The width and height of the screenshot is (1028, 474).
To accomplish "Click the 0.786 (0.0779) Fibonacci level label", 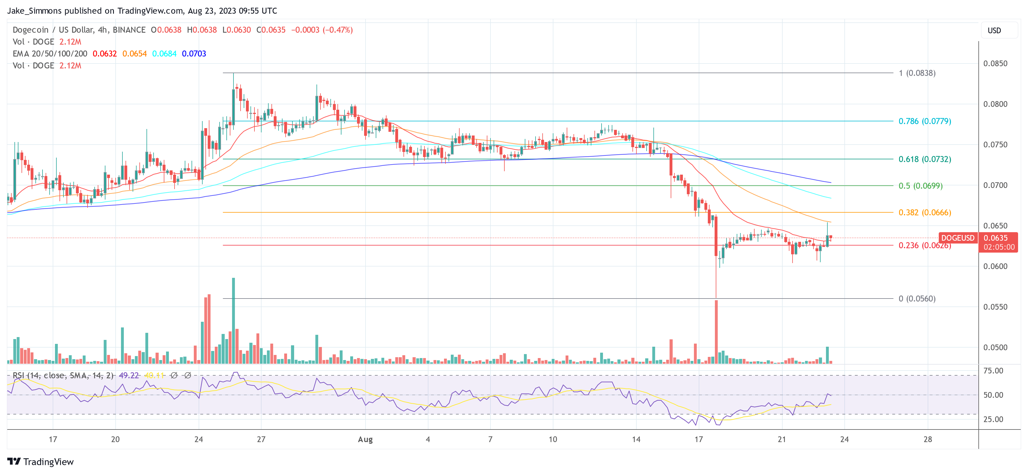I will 924,121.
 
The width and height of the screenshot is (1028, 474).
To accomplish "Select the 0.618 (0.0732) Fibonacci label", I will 924,159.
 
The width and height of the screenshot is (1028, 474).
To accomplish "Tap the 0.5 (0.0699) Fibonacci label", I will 920,186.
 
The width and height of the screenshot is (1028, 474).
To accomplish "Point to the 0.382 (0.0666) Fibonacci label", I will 924,212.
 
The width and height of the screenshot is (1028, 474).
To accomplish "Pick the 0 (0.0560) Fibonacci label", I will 917,299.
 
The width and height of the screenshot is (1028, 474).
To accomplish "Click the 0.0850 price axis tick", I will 995,64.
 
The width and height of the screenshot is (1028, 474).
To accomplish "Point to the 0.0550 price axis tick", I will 995,307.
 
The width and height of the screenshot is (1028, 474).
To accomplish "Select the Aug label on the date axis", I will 365,439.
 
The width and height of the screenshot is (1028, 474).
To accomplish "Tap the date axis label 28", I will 927,439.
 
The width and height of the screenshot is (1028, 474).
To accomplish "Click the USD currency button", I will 994,30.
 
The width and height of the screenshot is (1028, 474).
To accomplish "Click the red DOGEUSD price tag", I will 957,238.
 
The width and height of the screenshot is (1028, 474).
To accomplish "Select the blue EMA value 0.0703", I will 194,54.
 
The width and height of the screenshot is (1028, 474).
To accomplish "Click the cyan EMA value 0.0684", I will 164,54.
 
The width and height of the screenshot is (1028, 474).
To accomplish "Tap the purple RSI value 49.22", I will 129,375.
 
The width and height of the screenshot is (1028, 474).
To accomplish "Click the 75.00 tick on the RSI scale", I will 993,371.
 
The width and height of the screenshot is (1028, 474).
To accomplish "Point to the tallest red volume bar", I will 716,331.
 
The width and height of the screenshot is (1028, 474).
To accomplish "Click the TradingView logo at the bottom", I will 41,462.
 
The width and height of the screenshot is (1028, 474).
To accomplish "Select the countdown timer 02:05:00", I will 999,247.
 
